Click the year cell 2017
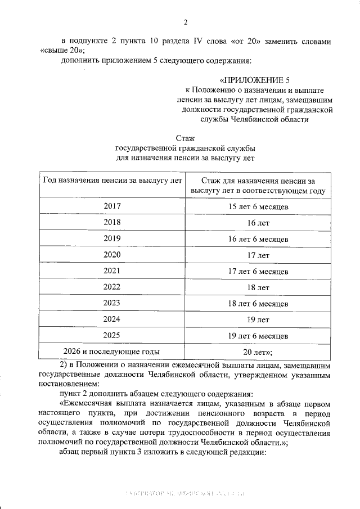click(112, 206)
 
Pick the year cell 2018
click(112, 223)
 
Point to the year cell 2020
click(112, 255)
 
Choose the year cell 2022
click(112, 287)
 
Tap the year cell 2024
click(112, 319)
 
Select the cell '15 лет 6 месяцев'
click(258, 207)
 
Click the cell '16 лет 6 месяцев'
click(258, 239)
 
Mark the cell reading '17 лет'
click(258, 255)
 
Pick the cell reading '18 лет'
click(258, 288)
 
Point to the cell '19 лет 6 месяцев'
click(258, 336)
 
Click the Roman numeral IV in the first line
click(214, 41)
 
